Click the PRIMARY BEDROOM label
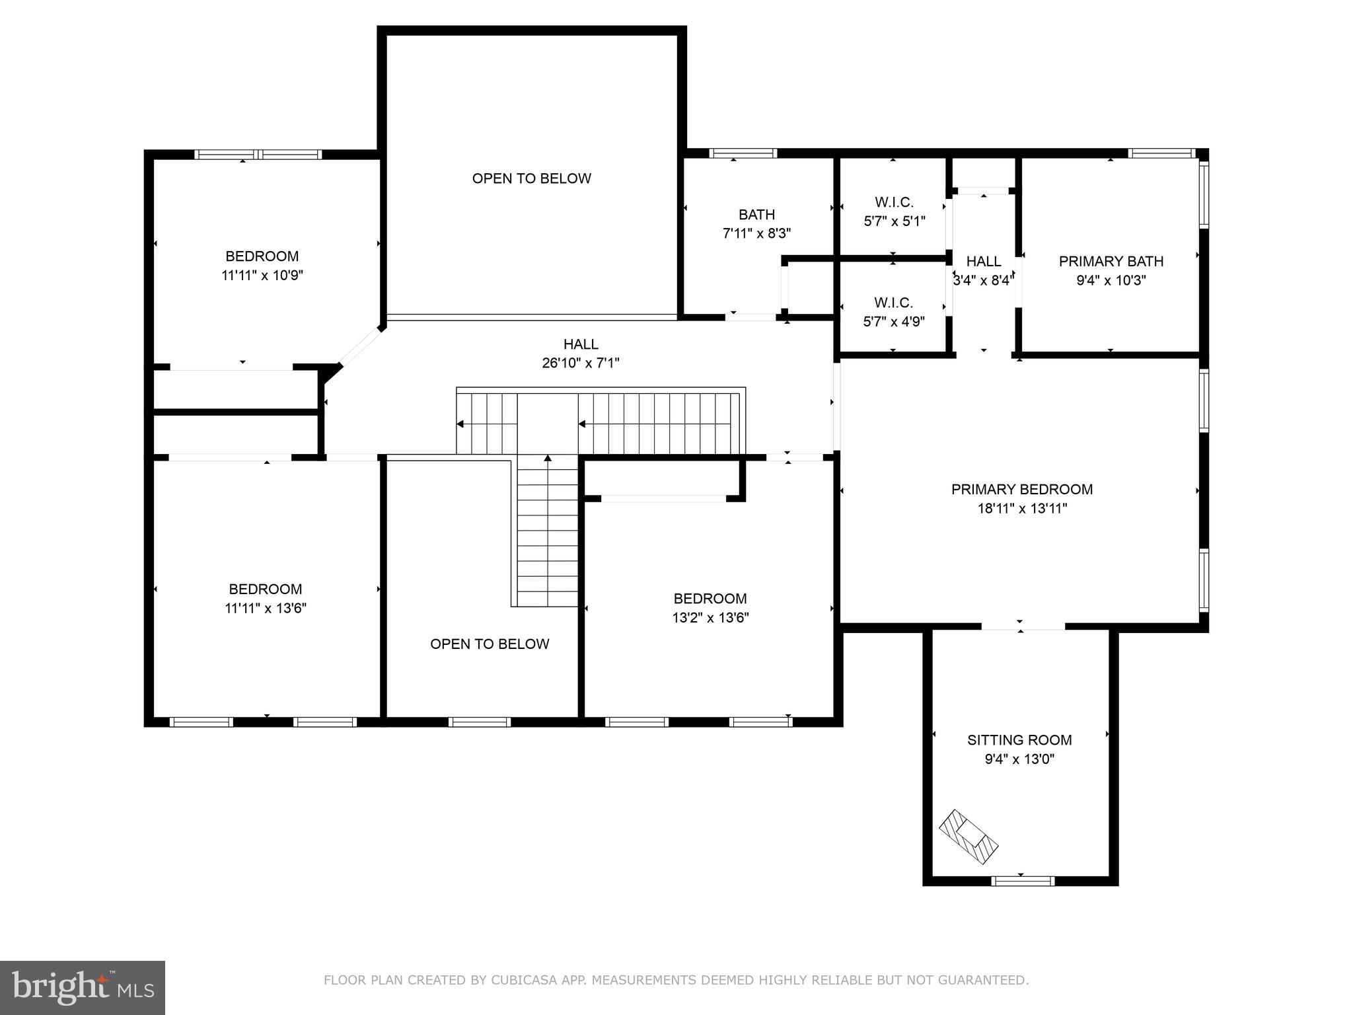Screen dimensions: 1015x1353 1021,490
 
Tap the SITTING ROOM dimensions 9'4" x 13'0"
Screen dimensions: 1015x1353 1019,759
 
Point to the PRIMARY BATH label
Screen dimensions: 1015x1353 1111,262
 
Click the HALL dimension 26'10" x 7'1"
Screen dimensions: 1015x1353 580,363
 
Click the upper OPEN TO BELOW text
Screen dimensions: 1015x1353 531,178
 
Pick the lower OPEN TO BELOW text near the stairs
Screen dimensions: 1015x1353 490,644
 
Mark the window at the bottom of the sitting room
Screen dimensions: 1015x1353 1023,880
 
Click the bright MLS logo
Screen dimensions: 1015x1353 82,988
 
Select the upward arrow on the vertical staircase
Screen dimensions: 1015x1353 548,458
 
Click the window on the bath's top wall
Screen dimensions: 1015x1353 743,153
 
